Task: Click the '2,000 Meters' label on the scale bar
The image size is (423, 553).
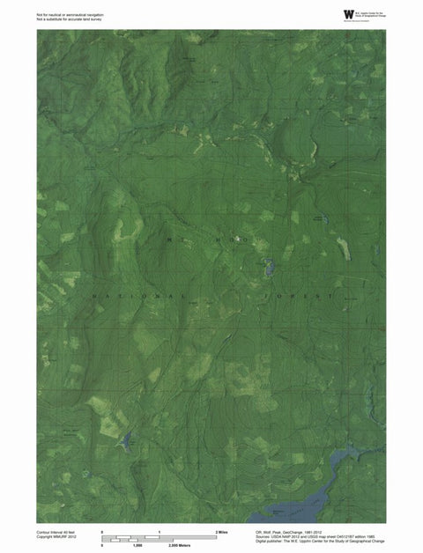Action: (x=179, y=546)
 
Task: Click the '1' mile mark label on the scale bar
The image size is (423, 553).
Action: (x=160, y=533)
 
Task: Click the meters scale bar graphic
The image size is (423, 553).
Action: (x=141, y=541)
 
